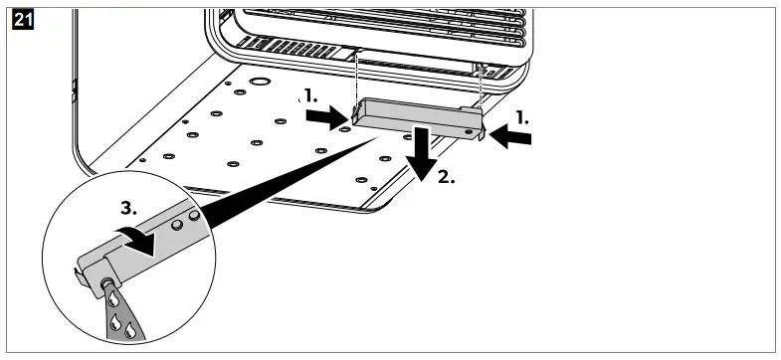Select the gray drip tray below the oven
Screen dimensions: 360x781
click(413, 116)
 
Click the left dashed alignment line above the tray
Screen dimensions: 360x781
click(355, 76)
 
